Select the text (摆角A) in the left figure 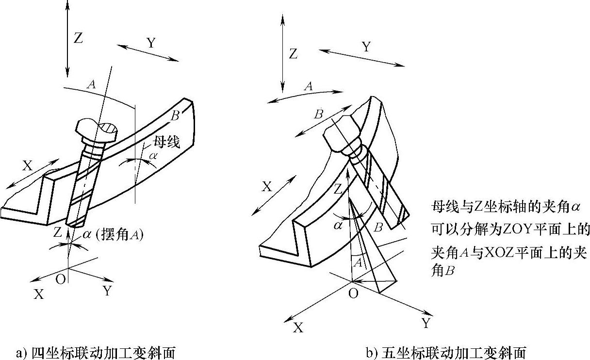[119, 235]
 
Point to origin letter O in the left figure [61, 280]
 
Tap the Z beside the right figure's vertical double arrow [293, 54]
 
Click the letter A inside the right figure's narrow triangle [358, 263]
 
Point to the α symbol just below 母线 [153, 156]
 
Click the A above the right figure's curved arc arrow [308, 86]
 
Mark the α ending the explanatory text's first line [576, 207]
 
